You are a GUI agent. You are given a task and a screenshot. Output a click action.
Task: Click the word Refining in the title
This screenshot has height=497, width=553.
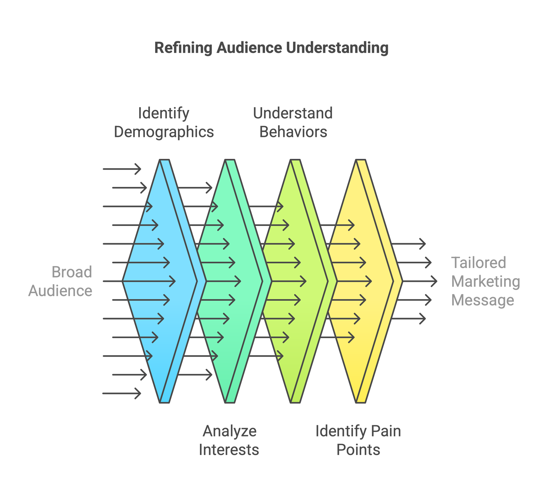click(x=183, y=48)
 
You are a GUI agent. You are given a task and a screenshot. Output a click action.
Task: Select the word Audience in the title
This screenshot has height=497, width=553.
click(x=249, y=48)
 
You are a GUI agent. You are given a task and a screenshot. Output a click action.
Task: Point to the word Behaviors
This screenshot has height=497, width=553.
click(x=293, y=132)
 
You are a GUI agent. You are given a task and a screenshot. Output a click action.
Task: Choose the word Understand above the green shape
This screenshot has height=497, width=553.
click(x=293, y=113)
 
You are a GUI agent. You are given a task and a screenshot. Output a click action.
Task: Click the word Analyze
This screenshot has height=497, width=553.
click(x=230, y=431)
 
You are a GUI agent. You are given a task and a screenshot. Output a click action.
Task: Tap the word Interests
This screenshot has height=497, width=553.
click(x=229, y=450)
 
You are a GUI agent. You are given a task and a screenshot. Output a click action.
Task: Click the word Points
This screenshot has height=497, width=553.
click(x=358, y=450)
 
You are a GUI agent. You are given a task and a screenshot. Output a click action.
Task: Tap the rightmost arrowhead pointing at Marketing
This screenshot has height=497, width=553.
click(x=434, y=281)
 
